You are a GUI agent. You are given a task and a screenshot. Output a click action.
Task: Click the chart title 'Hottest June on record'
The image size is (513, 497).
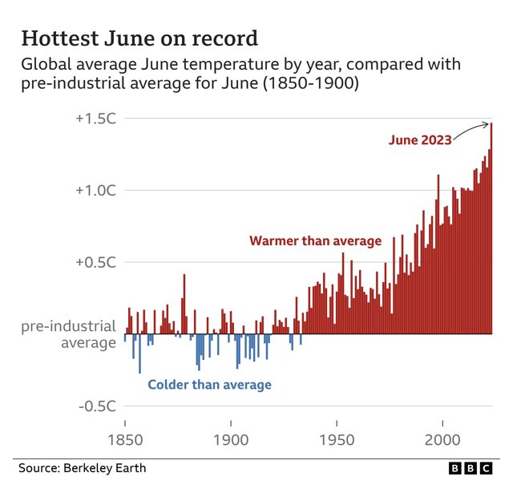(139, 38)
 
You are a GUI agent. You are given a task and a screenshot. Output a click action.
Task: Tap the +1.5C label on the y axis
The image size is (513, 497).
(97, 118)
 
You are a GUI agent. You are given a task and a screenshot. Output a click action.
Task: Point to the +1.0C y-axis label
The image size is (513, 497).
(97, 190)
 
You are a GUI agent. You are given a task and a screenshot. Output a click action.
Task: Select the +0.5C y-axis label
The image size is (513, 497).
(97, 262)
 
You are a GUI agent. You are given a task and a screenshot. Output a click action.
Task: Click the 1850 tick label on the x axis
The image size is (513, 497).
(125, 440)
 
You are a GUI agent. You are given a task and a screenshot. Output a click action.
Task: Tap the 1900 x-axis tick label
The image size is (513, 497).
(231, 440)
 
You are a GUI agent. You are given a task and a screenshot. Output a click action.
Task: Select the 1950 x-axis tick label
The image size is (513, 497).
(337, 440)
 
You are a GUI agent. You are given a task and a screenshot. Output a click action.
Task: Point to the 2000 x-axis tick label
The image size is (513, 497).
(442, 440)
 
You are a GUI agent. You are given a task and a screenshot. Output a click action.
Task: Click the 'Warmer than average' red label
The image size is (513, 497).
(315, 240)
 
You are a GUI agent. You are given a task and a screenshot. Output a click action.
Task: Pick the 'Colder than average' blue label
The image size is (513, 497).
(210, 385)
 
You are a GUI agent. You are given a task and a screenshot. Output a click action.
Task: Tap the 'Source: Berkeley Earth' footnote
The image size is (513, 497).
(83, 468)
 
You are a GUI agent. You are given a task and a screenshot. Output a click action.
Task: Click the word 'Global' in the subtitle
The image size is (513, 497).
(46, 64)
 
